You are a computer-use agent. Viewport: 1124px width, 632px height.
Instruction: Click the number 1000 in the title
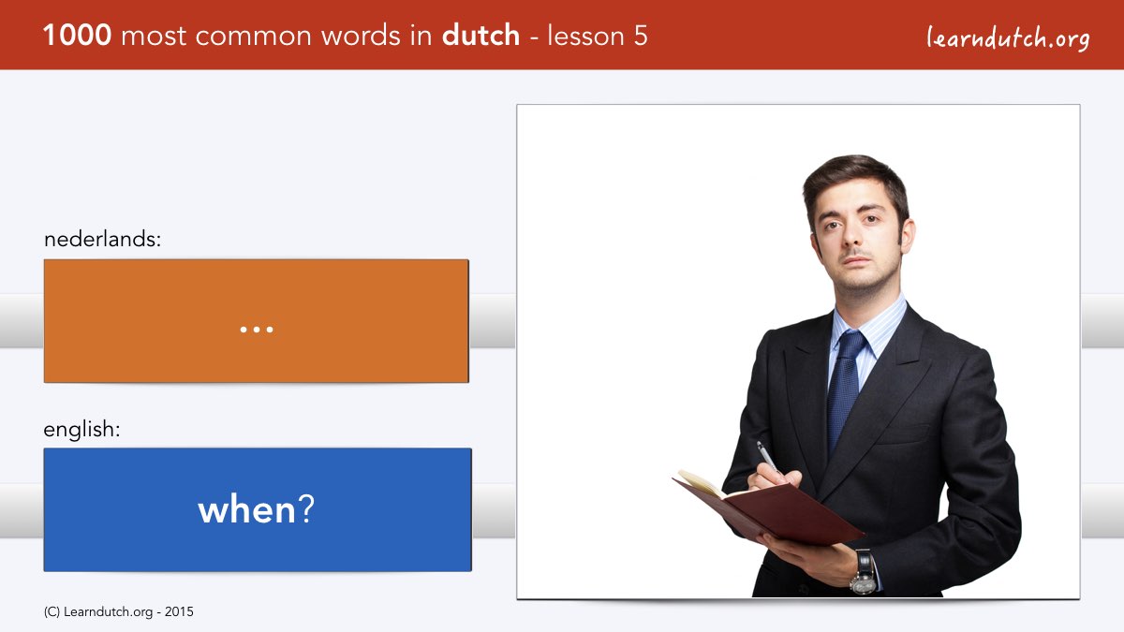(x=77, y=36)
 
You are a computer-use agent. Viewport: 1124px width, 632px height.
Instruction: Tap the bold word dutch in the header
(x=481, y=36)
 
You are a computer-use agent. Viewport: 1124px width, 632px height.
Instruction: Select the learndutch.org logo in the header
(x=1008, y=38)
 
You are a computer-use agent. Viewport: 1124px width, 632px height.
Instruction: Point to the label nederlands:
(x=102, y=239)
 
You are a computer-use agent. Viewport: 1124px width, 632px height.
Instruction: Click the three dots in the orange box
(x=257, y=330)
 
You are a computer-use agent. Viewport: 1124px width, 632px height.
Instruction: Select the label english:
(x=81, y=430)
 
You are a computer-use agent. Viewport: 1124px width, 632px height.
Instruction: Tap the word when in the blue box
(x=247, y=509)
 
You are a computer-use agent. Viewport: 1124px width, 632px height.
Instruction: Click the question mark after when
(x=306, y=508)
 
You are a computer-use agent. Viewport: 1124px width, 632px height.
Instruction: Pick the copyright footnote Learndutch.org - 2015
(x=118, y=612)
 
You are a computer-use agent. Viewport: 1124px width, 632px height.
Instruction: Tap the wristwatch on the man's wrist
(x=864, y=573)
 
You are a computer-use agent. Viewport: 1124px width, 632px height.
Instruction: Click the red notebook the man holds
(x=768, y=507)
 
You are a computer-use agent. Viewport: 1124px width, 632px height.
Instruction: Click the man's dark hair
(x=856, y=184)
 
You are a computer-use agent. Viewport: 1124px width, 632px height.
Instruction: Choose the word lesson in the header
(x=585, y=36)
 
